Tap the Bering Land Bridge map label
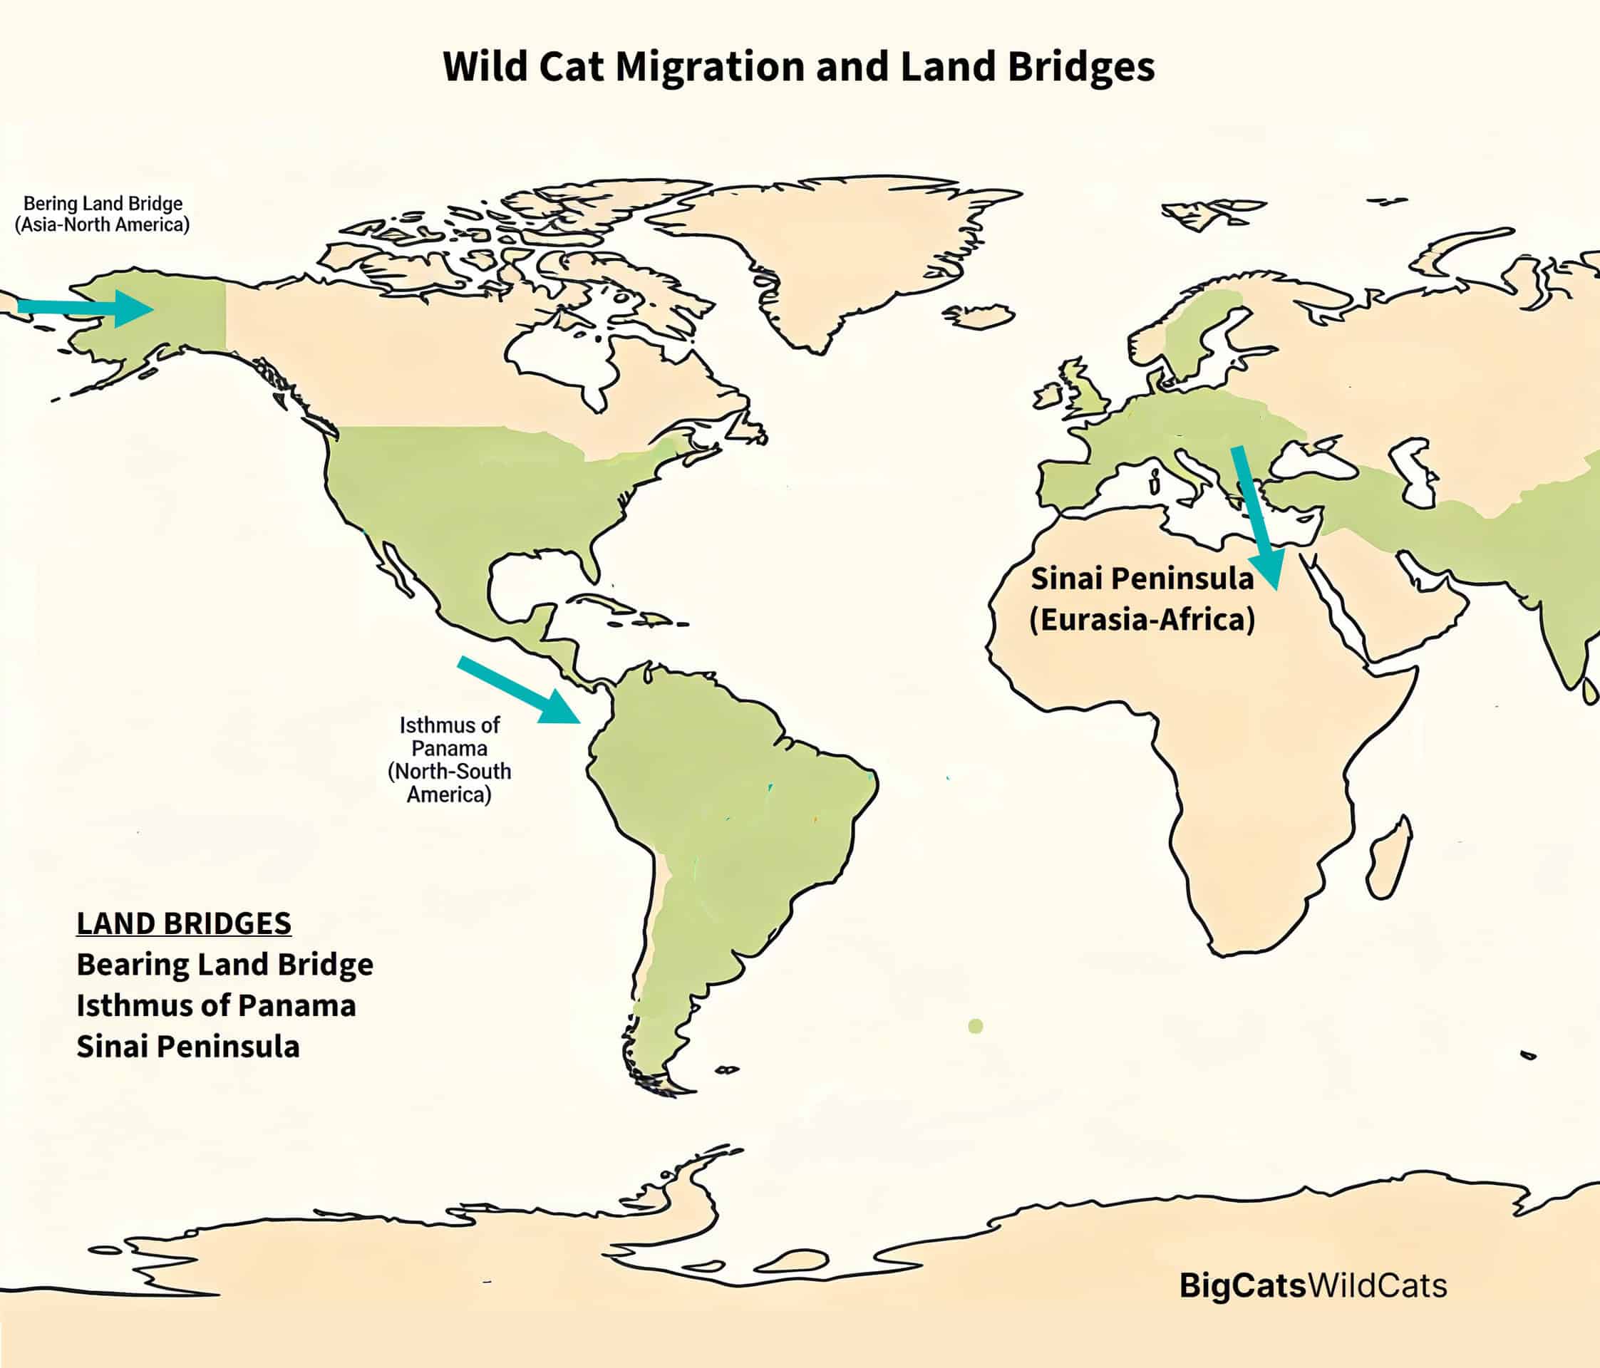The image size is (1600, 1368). pos(102,214)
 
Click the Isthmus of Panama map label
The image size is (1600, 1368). pos(449,759)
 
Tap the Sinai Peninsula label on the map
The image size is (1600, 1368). pos(1141,599)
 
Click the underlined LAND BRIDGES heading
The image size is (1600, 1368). pos(184,923)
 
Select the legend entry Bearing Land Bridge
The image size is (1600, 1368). pos(224,964)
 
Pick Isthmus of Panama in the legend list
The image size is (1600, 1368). pos(216,1005)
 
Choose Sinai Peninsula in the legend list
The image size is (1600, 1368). pos(187,1047)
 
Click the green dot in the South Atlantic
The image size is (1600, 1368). pos(975,1026)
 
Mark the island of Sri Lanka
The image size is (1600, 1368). pos(1590,691)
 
